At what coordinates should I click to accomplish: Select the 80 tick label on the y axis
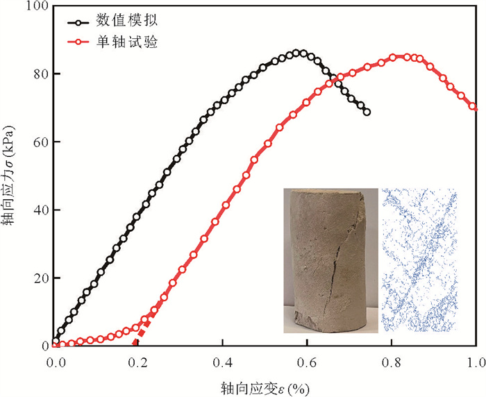coord(40,74)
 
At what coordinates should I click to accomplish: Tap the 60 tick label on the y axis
coord(40,142)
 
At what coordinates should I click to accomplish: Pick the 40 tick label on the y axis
coord(40,210)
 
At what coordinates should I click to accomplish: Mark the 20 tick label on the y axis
coord(40,278)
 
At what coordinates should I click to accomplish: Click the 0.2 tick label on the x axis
coord(139,362)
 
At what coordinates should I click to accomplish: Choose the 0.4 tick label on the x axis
coord(222,362)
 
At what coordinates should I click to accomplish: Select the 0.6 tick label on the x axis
coord(307,362)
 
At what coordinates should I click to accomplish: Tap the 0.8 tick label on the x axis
coord(392,362)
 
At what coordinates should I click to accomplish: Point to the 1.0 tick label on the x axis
coord(475,362)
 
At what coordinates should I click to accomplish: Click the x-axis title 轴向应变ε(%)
coord(265,384)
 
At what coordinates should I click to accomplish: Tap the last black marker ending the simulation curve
coord(367,112)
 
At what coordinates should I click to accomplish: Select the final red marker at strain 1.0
coord(474,107)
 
